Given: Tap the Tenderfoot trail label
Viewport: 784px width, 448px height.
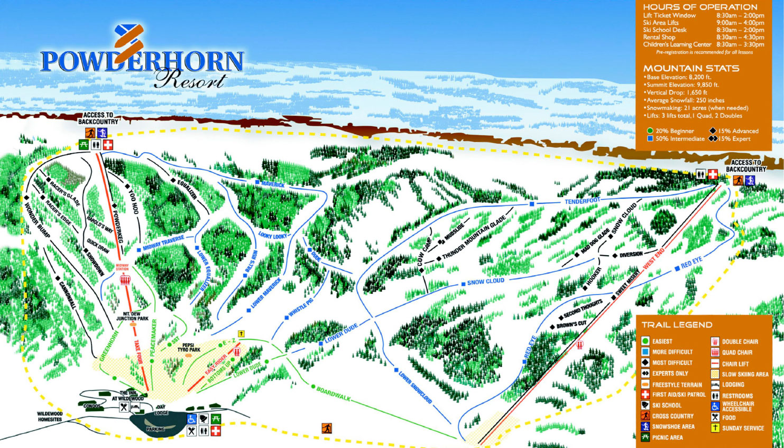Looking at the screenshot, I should tap(582, 201).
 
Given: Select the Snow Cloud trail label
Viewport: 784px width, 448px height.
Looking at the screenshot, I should tap(485, 282).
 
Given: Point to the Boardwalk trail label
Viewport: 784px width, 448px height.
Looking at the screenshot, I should tap(333, 394).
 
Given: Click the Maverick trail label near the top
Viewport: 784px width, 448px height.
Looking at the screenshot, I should tap(273, 184).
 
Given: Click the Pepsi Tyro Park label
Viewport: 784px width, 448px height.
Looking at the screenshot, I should tap(189, 347).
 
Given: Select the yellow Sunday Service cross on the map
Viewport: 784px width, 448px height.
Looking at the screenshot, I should tap(242, 333).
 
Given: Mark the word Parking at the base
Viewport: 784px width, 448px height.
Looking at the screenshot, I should tap(155, 430).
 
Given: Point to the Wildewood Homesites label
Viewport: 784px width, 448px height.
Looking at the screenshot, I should tap(50, 416).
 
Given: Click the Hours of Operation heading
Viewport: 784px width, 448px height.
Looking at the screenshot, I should tap(700, 7).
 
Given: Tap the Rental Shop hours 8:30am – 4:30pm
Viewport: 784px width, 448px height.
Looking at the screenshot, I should tap(740, 38).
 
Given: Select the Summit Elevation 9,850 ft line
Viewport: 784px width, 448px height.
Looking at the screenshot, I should tap(682, 85).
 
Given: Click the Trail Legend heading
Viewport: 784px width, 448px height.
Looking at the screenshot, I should tap(677, 325).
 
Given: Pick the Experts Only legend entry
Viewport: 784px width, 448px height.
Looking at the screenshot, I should tap(670, 374).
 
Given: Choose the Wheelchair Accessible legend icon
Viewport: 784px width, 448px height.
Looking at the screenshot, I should tap(715, 406).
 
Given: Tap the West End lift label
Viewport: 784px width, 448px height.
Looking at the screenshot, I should tap(653, 258).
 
